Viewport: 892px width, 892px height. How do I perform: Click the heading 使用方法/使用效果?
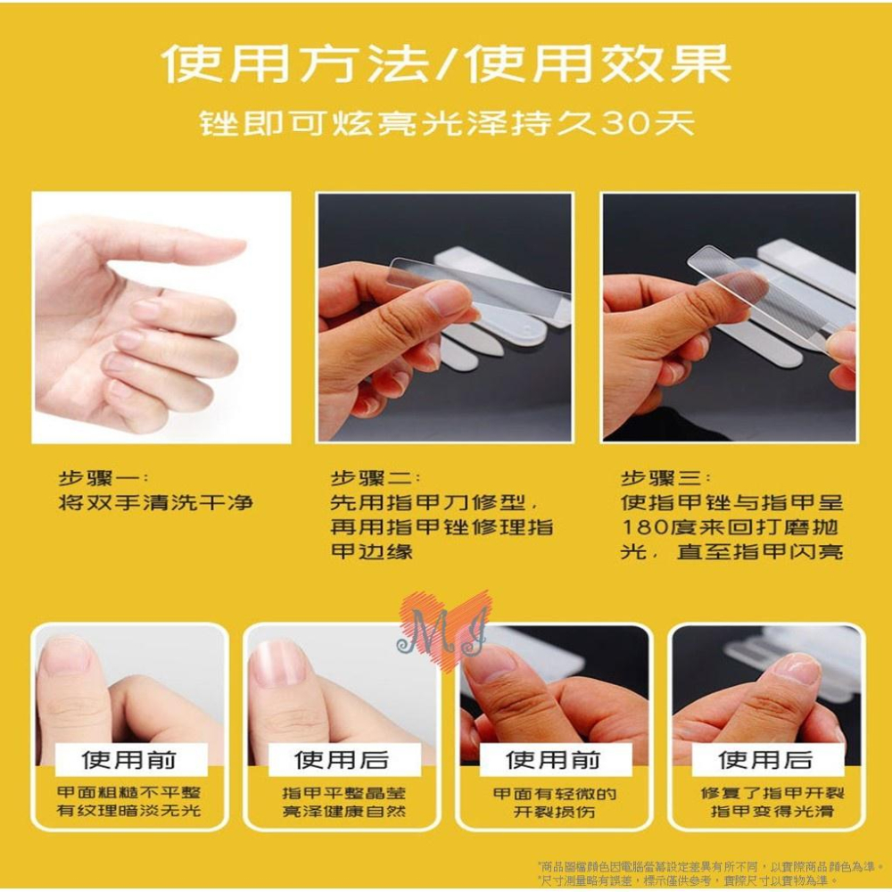(x=446, y=65)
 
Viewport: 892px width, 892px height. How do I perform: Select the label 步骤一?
(x=103, y=477)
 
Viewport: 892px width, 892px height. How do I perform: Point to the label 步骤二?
(x=376, y=477)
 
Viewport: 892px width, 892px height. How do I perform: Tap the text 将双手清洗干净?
(x=155, y=503)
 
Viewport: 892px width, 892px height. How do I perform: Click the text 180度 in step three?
(x=655, y=527)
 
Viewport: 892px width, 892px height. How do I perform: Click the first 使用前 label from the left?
(x=129, y=760)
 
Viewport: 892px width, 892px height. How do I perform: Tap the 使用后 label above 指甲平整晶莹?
(x=343, y=760)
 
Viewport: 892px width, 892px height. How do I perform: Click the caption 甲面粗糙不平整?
(x=129, y=793)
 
